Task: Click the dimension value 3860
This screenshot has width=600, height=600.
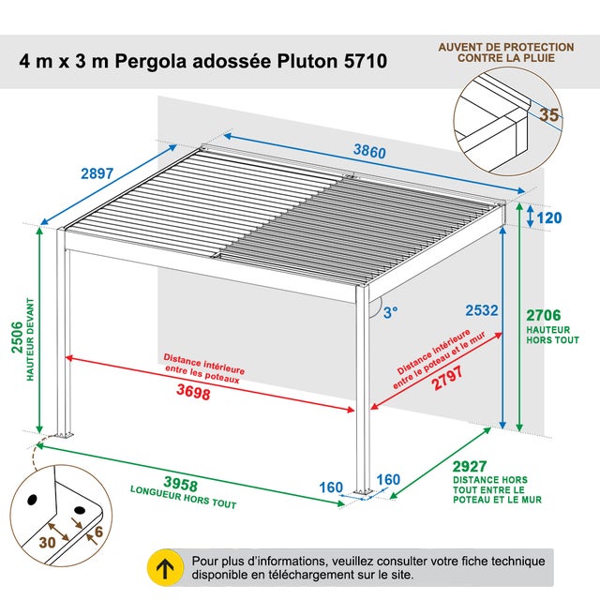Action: click(x=370, y=150)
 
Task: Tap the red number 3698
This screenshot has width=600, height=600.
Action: click(x=193, y=394)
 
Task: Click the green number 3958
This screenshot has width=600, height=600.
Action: click(x=180, y=484)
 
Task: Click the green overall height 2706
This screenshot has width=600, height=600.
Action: click(x=545, y=316)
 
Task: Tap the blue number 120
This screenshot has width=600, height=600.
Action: click(x=549, y=218)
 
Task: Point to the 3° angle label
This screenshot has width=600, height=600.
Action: click(x=389, y=313)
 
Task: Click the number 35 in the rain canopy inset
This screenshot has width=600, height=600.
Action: click(x=549, y=115)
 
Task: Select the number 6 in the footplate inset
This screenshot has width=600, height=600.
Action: click(x=98, y=530)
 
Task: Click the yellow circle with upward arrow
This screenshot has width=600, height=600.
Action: click(x=166, y=567)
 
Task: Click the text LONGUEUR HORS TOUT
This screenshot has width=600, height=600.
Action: click(x=183, y=498)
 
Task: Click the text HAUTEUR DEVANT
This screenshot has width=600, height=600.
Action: click(x=30, y=340)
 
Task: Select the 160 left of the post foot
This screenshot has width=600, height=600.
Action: click(x=331, y=487)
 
